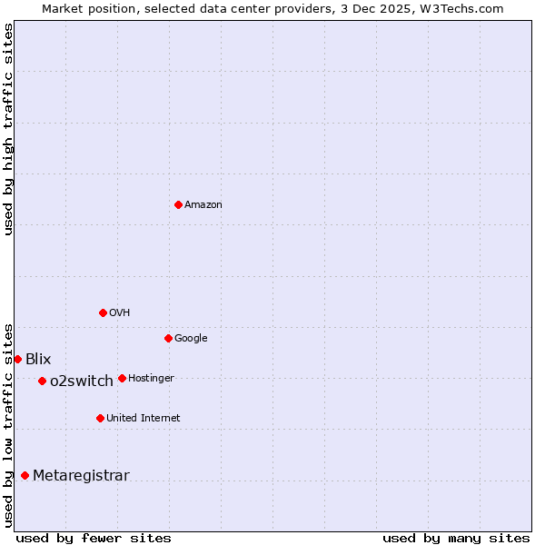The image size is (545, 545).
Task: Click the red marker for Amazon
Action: [178, 204]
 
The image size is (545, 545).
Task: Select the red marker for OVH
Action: [103, 312]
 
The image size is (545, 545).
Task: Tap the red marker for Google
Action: [168, 338]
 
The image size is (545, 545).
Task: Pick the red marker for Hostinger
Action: [122, 378]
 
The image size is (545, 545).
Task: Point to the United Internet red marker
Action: [100, 418]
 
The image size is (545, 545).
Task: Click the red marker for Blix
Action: [17, 359]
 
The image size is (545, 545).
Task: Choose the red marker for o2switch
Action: [42, 381]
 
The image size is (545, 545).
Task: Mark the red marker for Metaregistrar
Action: [25, 475]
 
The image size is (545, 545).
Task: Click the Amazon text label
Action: [203, 205]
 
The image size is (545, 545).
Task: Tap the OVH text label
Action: [120, 313]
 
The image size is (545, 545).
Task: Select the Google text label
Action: [191, 339]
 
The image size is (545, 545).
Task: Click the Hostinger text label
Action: [151, 379]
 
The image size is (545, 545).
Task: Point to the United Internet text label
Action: [144, 419]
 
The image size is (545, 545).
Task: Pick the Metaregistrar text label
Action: [81, 476]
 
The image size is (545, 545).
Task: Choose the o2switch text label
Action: [82, 381]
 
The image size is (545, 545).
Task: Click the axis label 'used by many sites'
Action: [456, 539]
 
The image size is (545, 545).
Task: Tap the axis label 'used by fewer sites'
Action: [94, 539]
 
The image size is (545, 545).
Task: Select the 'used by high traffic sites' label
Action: [8, 129]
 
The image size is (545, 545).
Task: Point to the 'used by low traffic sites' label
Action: [8, 425]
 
